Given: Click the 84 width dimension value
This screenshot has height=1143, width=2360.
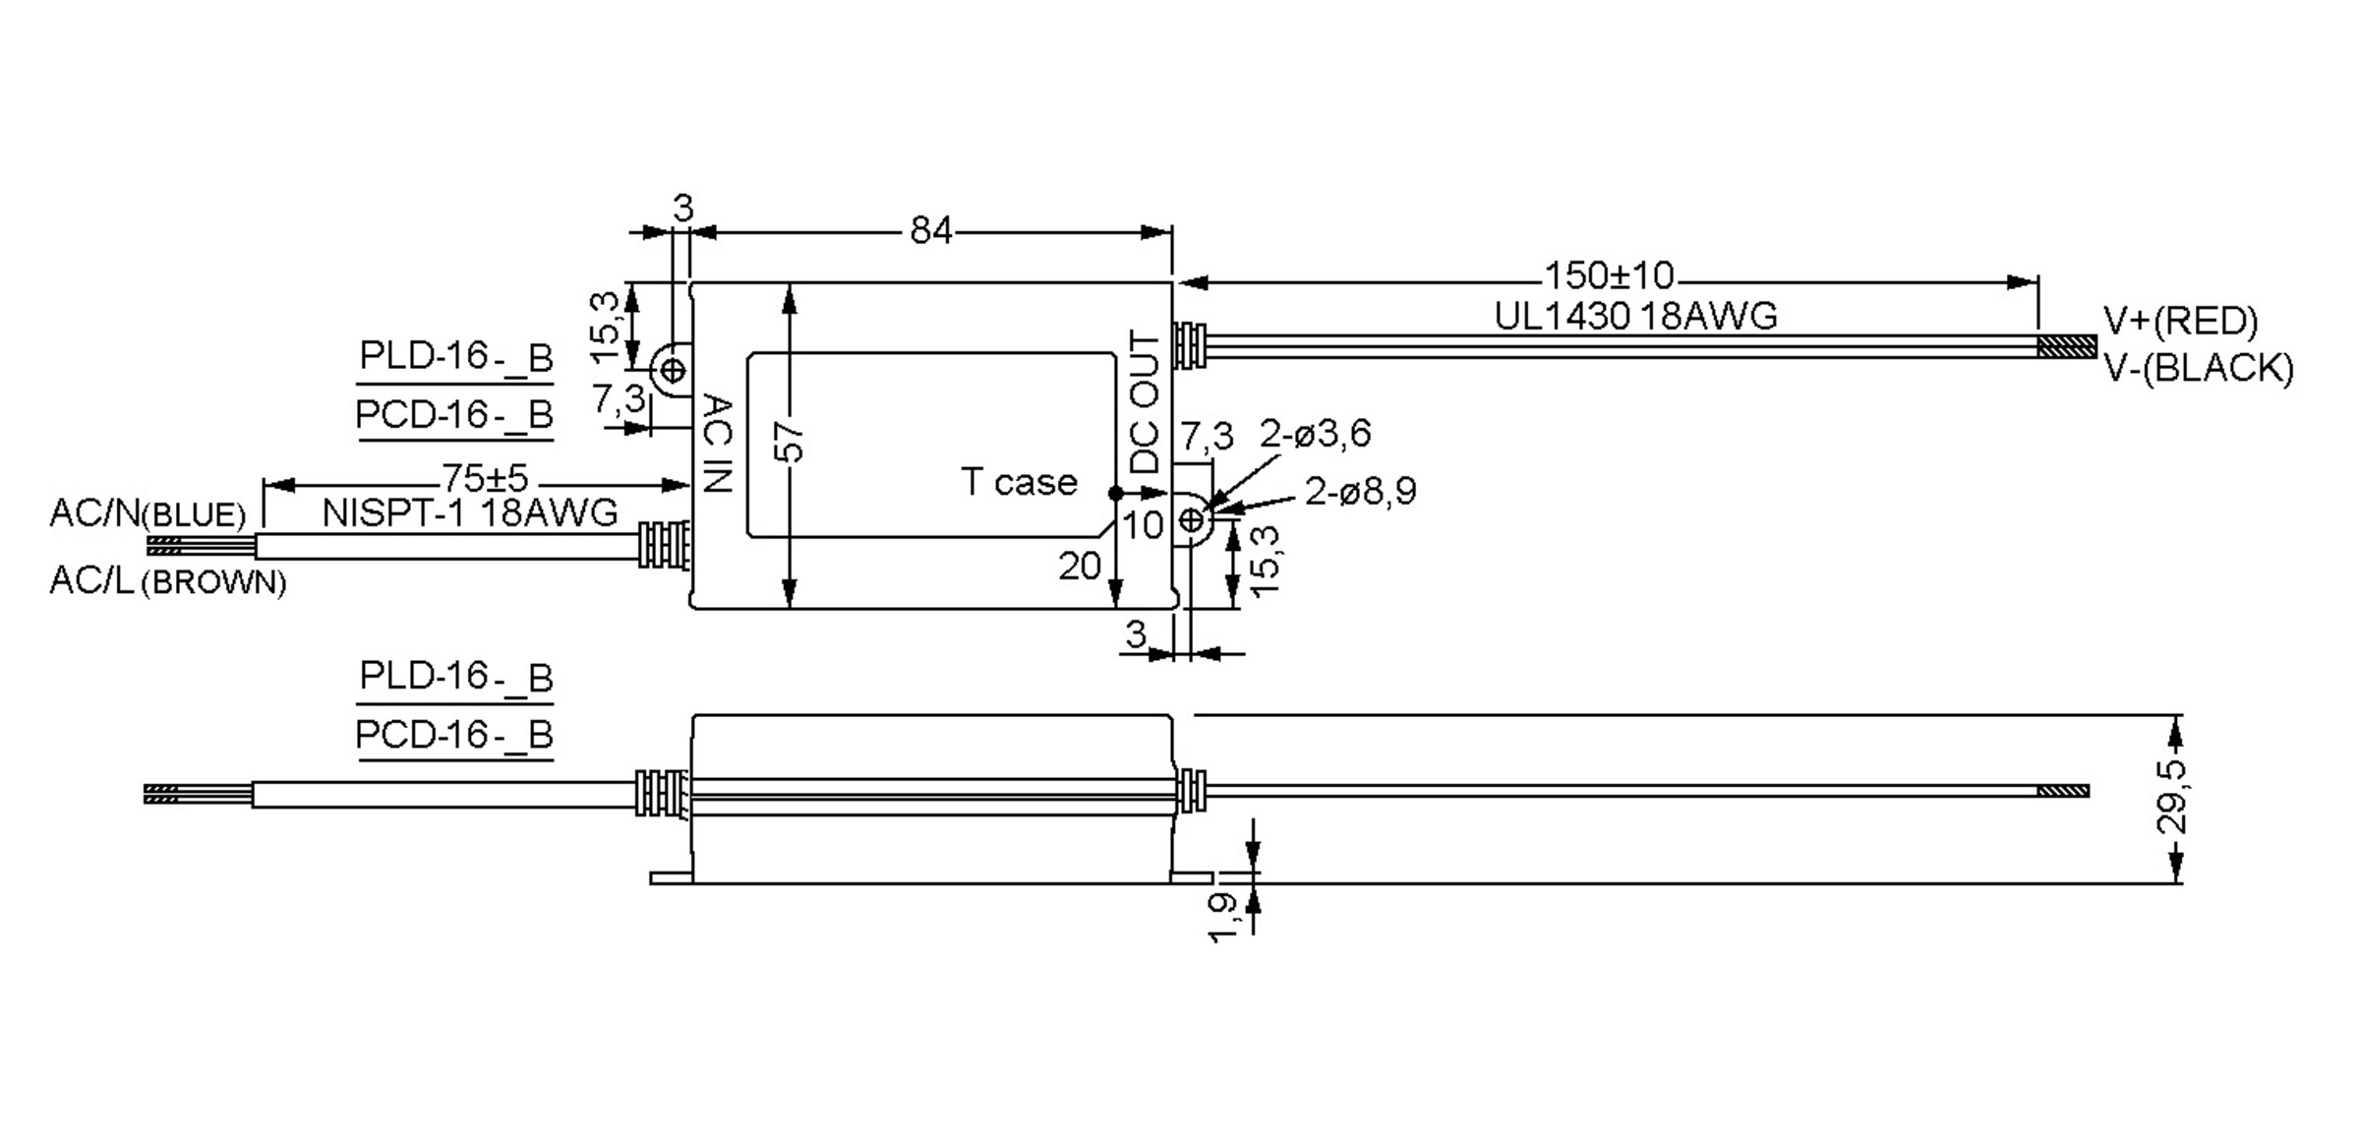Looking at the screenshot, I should pyautogui.click(x=930, y=231).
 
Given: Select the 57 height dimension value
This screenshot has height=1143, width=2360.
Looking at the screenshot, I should pyautogui.click(x=791, y=443).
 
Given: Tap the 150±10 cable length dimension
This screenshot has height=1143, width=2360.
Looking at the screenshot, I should pyautogui.click(x=1608, y=274).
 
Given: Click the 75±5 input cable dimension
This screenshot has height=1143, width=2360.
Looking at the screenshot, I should pyautogui.click(x=485, y=479).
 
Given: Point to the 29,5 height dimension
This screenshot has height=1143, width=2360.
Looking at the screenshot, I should pyautogui.click(x=2172, y=797).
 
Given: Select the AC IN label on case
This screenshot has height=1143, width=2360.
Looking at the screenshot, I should pyautogui.click(x=718, y=444).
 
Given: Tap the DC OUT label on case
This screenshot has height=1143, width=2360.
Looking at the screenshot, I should pyautogui.click(x=1146, y=402).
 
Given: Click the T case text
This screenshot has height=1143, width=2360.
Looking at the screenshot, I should pyautogui.click(x=1019, y=482).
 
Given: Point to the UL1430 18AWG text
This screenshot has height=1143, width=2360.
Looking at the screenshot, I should pyautogui.click(x=1635, y=317).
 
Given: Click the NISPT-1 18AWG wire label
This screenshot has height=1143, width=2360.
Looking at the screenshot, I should pyautogui.click(x=470, y=513).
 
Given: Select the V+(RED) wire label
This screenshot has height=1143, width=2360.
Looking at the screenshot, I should pyautogui.click(x=2180, y=321).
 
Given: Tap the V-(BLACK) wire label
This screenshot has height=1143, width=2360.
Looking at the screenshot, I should pyautogui.click(x=2198, y=368).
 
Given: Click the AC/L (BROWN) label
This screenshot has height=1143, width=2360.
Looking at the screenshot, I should pyautogui.click(x=167, y=581).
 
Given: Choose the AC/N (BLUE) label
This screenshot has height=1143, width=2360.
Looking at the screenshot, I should pyautogui.click(x=147, y=513).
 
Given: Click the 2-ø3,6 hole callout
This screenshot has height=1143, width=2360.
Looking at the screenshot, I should pyautogui.click(x=1315, y=434).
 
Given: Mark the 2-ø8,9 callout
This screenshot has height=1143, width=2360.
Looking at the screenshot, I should pyautogui.click(x=1360, y=491).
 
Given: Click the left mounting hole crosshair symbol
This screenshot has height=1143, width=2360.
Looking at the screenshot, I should pyautogui.click(x=674, y=371).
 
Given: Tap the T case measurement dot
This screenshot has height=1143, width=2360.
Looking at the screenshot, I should pyautogui.click(x=1115, y=493).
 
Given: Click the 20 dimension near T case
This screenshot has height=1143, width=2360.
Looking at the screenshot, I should pyautogui.click(x=1079, y=566).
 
